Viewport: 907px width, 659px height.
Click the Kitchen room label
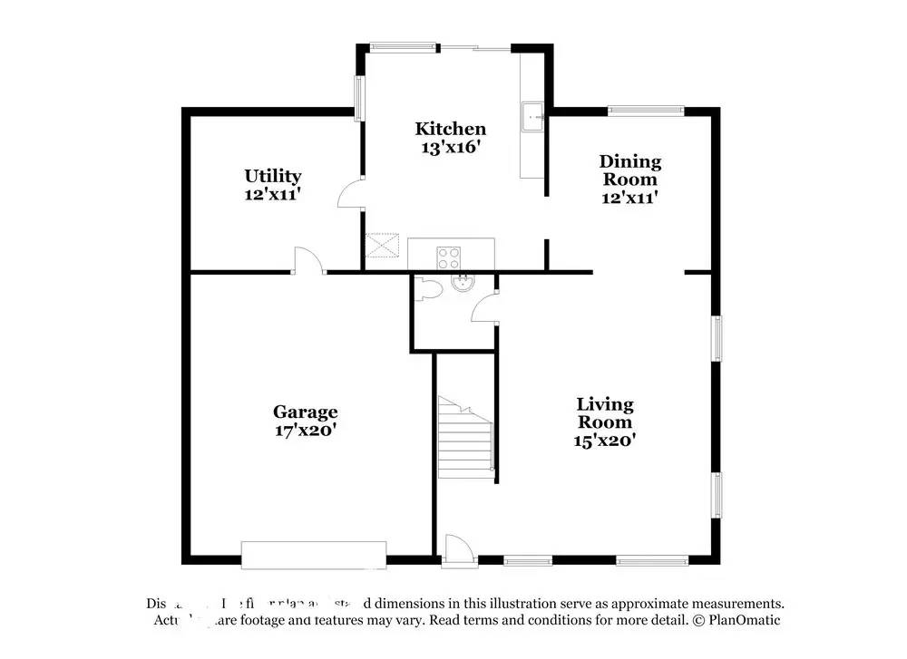(x=450, y=129)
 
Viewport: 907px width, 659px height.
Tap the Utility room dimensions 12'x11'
(x=272, y=193)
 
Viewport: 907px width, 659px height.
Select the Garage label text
(x=307, y=412)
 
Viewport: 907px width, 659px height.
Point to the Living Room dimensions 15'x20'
(x=605, y=441)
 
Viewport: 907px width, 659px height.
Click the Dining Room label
(x=629, y=170)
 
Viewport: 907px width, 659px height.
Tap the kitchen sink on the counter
(x=532, y=117)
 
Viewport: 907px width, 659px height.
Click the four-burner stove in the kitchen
(x=450, y=257)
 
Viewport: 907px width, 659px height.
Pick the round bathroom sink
(x=463, y=282)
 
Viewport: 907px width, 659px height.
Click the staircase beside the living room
(x=464, y=436)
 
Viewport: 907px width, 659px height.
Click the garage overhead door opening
(x=314, y=555)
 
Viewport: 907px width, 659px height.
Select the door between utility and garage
(x=308, y=261)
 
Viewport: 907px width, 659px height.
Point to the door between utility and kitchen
(x=351, y=192)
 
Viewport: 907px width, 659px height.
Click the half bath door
(x=483, y=307)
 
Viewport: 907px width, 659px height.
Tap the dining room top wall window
(x=646, y=111)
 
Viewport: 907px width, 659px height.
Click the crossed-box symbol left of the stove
(x=383, y=245)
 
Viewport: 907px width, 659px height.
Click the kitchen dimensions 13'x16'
(x=450, y=147)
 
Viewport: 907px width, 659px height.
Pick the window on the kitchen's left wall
(x=359, y=98)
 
